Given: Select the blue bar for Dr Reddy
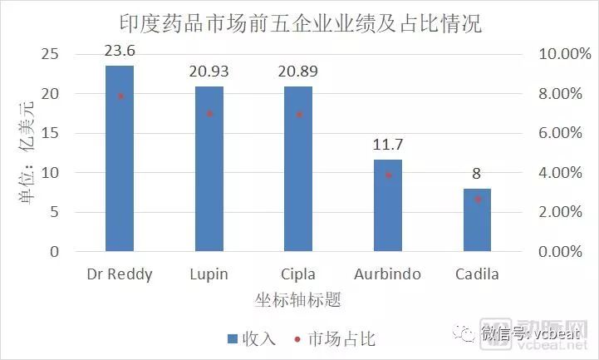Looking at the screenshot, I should [120, 158].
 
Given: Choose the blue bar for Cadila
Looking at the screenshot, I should [477, 219].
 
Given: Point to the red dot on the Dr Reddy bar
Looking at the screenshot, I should [120, 96].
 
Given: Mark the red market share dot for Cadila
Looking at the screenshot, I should [478, 200].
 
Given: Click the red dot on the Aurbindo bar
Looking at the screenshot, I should [388, 175].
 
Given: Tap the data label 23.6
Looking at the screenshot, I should [120, 52].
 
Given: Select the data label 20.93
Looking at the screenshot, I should [209, 73].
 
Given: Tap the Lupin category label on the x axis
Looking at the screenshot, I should [209, 274].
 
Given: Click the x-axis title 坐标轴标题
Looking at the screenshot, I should [298, 298].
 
